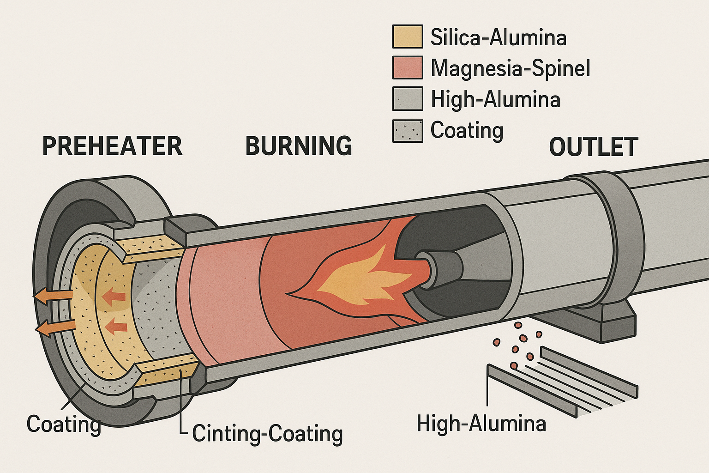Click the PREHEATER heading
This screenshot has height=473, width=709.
[x=112, y=146]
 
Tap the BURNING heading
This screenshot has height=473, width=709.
[x=299, y=146]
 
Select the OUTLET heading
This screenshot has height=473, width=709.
[x=593, y=147]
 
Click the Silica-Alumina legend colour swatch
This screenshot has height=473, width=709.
[x=407, y=36]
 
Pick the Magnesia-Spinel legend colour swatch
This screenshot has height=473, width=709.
[x=407, y=67]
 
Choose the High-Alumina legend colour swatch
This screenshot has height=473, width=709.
[x=407, y=98]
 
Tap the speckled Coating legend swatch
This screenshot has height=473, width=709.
[x=407, y=130]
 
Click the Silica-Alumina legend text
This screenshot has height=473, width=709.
[x=498, y=37]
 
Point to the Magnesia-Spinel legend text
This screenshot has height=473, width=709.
[x=510, y=68]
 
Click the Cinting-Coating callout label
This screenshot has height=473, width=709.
[x=267, y=434]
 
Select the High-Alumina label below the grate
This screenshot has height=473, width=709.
[x=481, y=423]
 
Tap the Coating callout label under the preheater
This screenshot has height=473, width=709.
[x=63, y=424]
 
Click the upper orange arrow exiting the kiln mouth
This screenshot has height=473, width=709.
[x=52, y=297]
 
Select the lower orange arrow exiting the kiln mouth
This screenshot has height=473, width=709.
[x=55, y=327]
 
